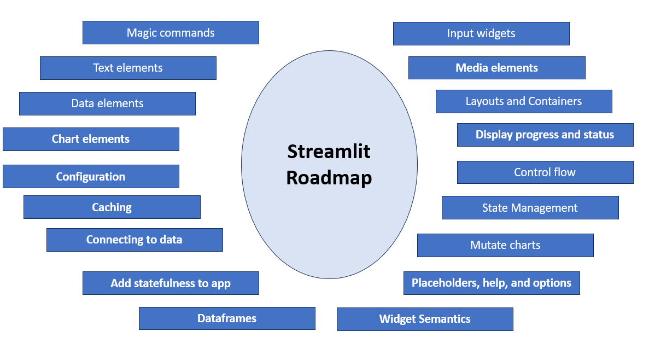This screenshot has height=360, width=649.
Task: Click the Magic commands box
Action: (171, 33)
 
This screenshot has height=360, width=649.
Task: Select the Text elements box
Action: (128, 68)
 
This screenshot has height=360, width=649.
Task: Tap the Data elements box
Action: (107, 103)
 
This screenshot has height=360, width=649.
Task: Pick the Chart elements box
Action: (91, 139)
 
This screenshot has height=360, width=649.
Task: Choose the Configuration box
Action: (91, 177)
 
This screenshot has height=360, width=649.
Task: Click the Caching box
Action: (112, 207)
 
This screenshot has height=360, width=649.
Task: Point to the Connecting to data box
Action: (135, 240)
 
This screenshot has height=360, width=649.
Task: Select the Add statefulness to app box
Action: (171, 283)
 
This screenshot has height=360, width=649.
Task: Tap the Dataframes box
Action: (227, 318)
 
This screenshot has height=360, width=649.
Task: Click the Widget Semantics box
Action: (425, 319)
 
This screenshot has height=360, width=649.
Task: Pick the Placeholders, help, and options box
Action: (492, 283)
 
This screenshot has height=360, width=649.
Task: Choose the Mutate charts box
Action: (505, 245)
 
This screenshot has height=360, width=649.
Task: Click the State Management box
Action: (530, 208)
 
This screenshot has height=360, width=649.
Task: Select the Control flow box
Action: (545, 172)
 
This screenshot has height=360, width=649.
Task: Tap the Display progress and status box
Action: (545, 135)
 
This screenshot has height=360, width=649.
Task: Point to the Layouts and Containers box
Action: (524, 101)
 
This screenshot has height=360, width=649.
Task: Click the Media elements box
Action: (496, 68)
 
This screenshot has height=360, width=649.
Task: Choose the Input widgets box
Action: (481, 33)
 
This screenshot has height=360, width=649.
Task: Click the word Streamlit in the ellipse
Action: (329, 151)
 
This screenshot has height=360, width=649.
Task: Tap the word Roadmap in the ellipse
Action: (329, 178)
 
